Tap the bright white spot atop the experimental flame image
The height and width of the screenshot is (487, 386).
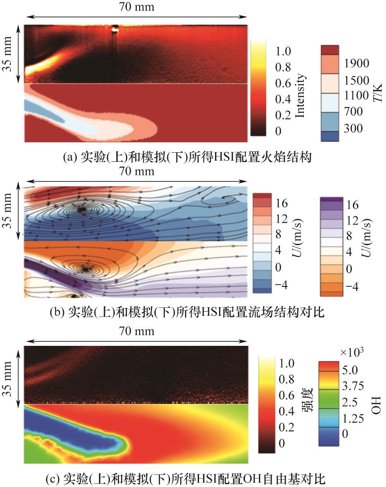(x=115, y=28)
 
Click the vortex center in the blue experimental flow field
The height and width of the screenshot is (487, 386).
(x=81, y=210)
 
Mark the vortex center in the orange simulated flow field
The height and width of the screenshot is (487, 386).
(x=86, y=268)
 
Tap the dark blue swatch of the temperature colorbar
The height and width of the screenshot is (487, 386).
(x=329, y=137)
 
